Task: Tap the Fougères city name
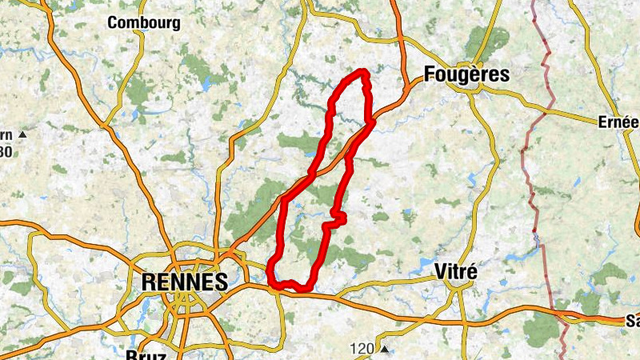point(467,74)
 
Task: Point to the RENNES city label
point(184,282)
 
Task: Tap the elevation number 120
point(363,349)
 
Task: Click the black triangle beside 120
point(385,349)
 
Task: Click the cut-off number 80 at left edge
point(6,151)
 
